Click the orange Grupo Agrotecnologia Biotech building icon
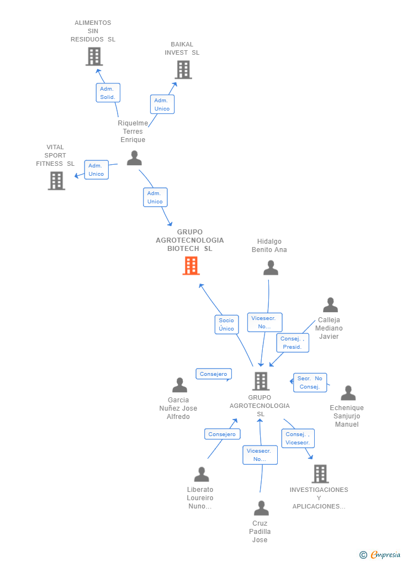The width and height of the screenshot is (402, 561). [x=191, y=266]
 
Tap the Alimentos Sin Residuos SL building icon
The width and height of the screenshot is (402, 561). [x=94, y=56]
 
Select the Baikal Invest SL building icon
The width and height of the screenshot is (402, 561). [x=183, y=70]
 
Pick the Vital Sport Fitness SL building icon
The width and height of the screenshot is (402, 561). [x=56, y=181]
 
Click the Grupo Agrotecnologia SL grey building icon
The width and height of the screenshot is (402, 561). [x=261, y=381]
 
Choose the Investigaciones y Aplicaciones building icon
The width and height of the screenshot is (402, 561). [x=320, y=474]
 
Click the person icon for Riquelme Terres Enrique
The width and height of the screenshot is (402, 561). [x=134, y=158]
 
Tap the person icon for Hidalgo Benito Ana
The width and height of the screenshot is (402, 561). [x=271, y=268]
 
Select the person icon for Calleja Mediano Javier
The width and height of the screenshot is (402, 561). [x=330, y=305]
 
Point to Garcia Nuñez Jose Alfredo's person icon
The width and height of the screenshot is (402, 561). [x=179, y=385]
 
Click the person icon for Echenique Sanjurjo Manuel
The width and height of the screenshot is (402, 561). [x=348, y=393]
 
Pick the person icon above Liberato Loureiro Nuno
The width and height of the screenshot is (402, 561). [x=202, y=474]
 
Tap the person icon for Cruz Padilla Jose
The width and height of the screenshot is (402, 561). [x=261, y=508]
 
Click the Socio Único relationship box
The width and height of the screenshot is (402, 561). [x=226, y=324]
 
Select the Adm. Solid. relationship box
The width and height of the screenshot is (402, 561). [x=108, y=93]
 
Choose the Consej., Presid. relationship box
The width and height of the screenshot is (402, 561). [x=292, y=343]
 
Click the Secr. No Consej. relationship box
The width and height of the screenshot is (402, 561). [x=310, y=382]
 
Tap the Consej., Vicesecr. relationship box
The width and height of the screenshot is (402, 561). [x=298, y=438]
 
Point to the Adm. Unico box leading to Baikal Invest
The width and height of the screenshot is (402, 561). [x=162, y=104]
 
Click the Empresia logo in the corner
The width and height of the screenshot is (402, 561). [x=380, y=554]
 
